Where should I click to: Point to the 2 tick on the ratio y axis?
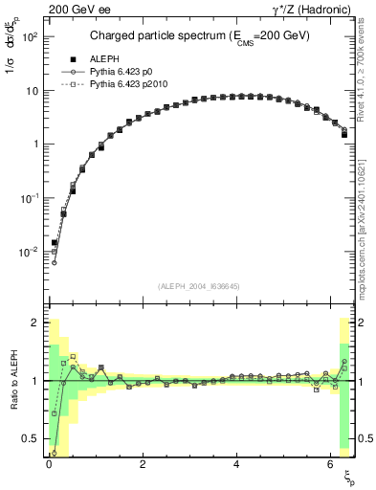[x=35, y=323]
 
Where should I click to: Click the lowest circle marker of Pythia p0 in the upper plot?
[x=54, y=262]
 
